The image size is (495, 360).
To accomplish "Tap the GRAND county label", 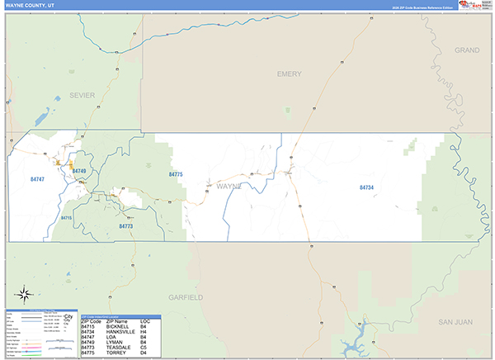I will pos(466,50).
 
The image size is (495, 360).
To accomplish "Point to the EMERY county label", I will pos(289,74).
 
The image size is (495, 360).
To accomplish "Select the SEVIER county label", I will pos(83,95).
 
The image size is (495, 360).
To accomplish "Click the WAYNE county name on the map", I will pos(229,187).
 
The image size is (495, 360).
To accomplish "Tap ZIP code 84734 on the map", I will pos(366,188).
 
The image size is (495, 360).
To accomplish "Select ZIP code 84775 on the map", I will pos(175,175).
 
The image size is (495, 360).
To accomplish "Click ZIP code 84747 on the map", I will pos(37,178).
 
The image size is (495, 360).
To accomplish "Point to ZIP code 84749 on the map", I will pos(80,171).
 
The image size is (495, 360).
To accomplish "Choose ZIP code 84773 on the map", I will pos(125,225).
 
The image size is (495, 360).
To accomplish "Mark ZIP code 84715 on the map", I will pos(67,217).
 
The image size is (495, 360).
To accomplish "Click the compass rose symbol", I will pos(25,294).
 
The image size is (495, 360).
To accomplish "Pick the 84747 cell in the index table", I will pos(89,336).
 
